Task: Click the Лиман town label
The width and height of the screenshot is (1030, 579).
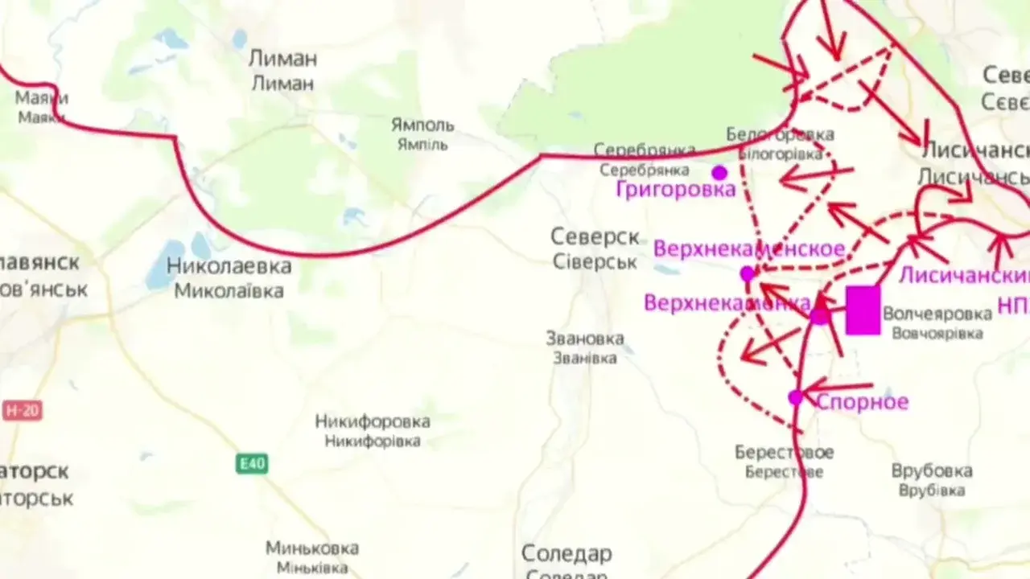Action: (x=282, y=60)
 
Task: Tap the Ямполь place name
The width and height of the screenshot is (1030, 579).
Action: (x=422, y=125)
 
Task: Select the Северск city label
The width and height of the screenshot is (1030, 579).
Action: (x=595, y=237)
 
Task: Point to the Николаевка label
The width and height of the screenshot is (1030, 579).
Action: (x=229, y=266)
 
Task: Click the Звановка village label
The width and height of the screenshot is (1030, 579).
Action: (x=584, y=339)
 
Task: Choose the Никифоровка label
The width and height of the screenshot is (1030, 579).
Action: (x=373, y=421)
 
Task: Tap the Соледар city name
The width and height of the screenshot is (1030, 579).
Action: (x=566, y=554)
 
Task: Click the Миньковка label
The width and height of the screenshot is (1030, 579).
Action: (x=312, y=548)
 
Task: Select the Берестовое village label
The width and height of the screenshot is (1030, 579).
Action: (x=784, y=453)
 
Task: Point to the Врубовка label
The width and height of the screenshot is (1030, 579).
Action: (x=932, y=471)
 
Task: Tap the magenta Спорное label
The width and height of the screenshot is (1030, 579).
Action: (x=862, y=402)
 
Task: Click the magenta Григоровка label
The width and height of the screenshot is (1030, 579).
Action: (x=676, y=190)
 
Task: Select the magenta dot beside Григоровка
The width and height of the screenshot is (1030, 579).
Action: (x=719, y=173)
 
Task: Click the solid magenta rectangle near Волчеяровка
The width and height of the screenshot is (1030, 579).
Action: (x=863, y=310)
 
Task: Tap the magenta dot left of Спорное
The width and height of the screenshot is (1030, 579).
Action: (x=796, y=397)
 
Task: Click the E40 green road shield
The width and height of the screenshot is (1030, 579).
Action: (x=252, y=464)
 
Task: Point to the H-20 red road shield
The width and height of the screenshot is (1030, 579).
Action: (x=23, y=411)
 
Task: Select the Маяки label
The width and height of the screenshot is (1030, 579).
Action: (x=42, y=98)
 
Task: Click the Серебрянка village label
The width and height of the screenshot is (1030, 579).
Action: (x=645, y=150)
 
